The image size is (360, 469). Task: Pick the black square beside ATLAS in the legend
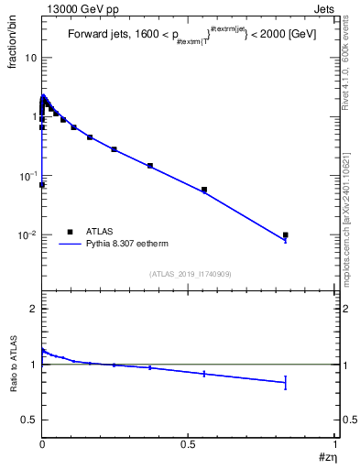pyautogui.click(x=70, y=232)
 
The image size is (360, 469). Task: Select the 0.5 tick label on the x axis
pyautogui.click(x=189, y=443)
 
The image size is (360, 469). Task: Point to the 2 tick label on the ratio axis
pyautogui.click(x=33, y=309)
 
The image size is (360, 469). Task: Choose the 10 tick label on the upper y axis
pyautogui.click(x=29, y=58)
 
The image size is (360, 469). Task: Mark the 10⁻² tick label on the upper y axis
pyautogui.click(x=27, y=235)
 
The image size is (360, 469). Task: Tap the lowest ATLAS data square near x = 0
pyautogui.click(x=42, y=185)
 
